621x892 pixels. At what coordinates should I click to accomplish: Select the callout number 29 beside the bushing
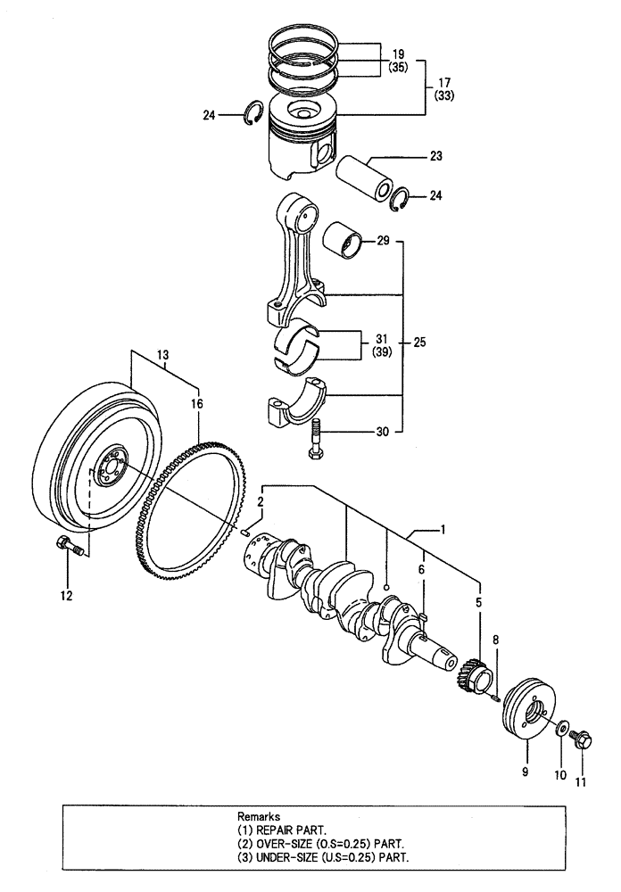click(x=383, y=242)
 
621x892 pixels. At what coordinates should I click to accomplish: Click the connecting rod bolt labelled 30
click(x=316, y=442)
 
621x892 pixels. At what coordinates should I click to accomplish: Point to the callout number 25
click(x=421, y=343)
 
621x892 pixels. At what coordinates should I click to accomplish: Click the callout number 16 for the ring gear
click(x=196, y=403)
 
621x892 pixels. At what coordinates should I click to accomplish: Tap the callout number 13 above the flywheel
click(x=163, y=356)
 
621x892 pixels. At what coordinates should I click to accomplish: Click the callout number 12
click(x=66, y=594)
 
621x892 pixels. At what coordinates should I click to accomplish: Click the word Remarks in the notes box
click(x=259, y=815)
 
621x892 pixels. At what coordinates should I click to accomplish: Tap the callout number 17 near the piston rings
click(x=443, y=81)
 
